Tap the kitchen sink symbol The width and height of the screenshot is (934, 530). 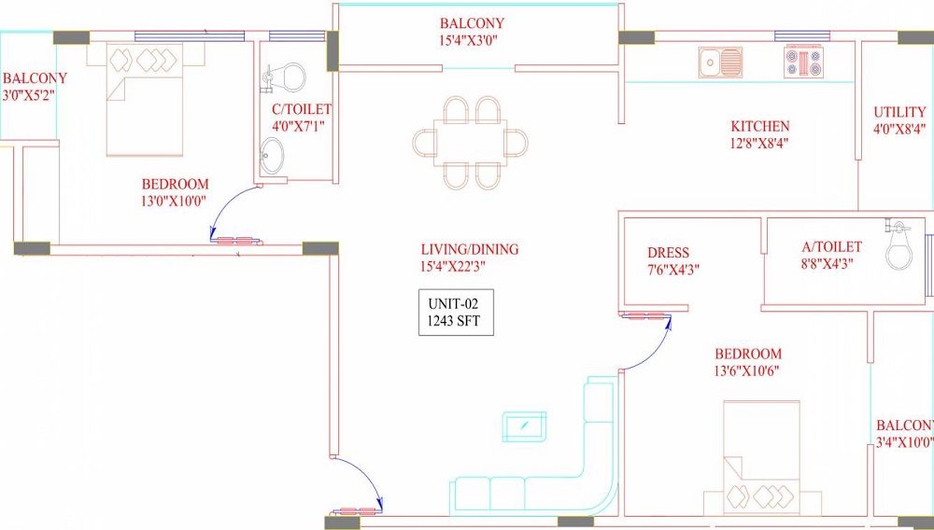[x=720, y=63]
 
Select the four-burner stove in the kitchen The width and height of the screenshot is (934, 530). [x=804, y=63]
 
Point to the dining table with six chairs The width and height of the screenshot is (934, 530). [x=471, y=143]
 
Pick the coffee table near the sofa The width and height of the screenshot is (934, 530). [x=525, y=427]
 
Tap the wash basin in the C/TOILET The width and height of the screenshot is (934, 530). [x=273, y=156]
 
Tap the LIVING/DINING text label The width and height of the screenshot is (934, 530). [x=469, y=250]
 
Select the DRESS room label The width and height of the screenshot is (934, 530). [x=668, y=253]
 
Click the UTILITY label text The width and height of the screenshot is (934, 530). [x=899, y=112]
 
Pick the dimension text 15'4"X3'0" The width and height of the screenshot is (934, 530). [x=472, y=41]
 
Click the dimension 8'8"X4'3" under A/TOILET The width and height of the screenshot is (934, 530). [x=831, y=265]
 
